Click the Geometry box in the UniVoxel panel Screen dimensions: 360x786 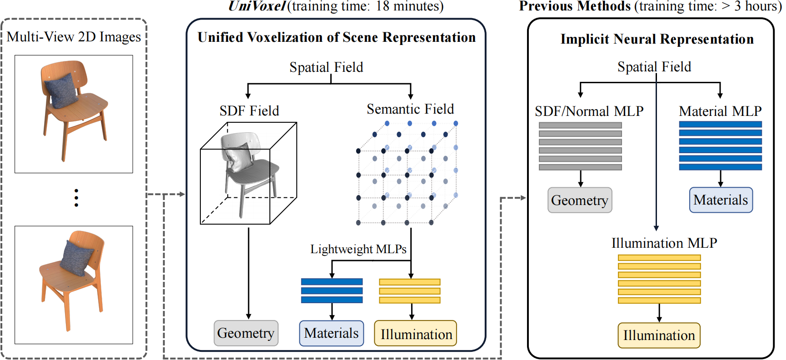(x=246, y=333)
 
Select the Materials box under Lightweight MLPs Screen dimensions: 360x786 (x=331, y=333)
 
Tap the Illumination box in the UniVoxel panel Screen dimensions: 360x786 (x=416, y=334)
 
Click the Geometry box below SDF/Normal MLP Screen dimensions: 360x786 (x=580, y=200)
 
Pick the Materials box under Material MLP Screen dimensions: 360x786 (x=721, y=200)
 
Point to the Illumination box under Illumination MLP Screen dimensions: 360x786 (x=659, y=335)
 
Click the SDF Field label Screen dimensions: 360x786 (x=249, y=111)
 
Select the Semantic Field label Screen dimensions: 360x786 (x=410, y=109)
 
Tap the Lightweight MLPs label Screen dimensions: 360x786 (x=358, y=249)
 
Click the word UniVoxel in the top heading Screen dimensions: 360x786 (x=257, y=6)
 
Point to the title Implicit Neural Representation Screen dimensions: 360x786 (x=657, y=39)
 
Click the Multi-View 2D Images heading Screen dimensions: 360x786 (x=74, y=37)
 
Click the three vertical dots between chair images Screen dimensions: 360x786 (x=76, y=198)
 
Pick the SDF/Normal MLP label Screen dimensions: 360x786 (x=589, y=111)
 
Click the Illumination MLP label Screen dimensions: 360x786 (x=664, y=243)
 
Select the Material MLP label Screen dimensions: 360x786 (x=720, y=111)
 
